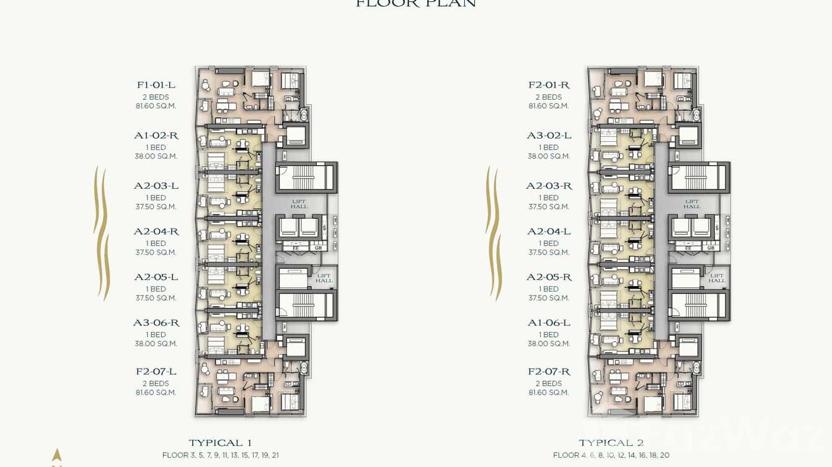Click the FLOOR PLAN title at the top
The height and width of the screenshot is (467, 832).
click(x=415, y=4)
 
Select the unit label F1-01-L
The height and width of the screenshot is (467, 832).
click(x=156, y=85)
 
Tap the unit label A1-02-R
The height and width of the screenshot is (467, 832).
click(x=156, y=136)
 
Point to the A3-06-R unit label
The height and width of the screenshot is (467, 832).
click(x=156, y=323)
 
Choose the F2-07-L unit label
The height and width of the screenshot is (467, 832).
click(x=156, y=372)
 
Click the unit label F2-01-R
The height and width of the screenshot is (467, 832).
click(x=549, y=85)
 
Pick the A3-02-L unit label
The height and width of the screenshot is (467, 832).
click(x=549, y=136)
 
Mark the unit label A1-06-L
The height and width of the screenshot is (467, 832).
click(x=549, y=323)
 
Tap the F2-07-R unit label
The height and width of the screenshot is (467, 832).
click(x=549, y=372)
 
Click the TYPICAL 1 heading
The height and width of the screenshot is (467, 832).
click(x=220, y=443)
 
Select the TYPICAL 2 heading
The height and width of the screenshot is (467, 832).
click(x=611, y=443)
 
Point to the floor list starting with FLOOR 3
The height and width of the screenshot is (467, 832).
click(x=221, y=455)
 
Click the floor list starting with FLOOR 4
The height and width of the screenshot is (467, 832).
click(x=611, y=455)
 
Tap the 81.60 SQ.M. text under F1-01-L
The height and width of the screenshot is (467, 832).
click(x=156, y=106)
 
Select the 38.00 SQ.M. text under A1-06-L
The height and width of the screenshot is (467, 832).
click(x=549, y=344)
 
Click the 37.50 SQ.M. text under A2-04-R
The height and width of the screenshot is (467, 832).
click(x=156, y=252)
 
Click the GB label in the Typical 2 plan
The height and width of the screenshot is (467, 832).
click(x=710, y=248)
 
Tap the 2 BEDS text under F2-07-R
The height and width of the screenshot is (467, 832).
click(x=549, y=383)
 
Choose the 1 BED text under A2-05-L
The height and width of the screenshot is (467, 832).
click(x=156, y=289)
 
